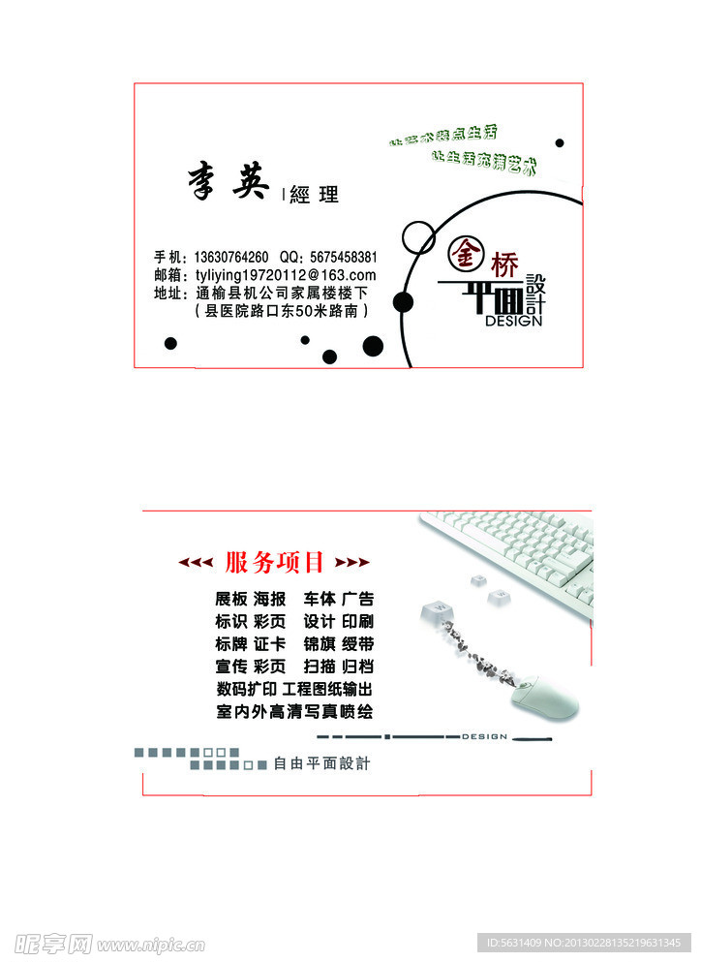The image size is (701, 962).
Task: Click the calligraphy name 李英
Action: click(x=228, y=181)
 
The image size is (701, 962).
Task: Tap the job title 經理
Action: click(x=315, y=195)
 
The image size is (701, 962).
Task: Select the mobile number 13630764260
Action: click(x=231, y=258)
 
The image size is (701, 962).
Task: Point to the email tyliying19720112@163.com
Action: click(x=286, y=275)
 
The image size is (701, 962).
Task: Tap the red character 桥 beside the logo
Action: click(x=505, y=263)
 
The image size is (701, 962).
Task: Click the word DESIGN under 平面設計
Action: click(x=513, y=321)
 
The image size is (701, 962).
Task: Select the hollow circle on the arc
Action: click(x=418, y=237)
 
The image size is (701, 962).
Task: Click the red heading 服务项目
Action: click(x=275, y=562)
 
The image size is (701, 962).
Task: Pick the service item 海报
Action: click(x=270, y=599)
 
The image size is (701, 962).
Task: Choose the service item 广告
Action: click(x=357, y=599)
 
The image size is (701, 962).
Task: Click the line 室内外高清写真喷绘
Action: click(x=294, y=711)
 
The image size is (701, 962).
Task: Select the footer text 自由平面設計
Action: click(x=322, y=763)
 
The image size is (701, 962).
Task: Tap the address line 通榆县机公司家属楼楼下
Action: click(x=282, y=293)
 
